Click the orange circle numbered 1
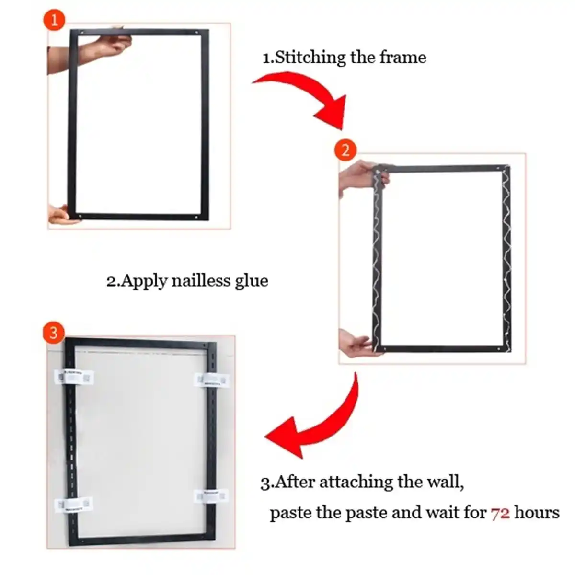click(54, 21)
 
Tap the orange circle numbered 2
click(345, 150)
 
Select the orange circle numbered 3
click(53, 332)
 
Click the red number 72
click(500, 513)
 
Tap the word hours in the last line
click(537, 513)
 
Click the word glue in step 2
click(251, 281)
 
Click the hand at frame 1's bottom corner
click(62, 215)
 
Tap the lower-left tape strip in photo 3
click(73, 504)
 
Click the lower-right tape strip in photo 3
click(211, 496)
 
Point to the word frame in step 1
click(402, 57)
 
